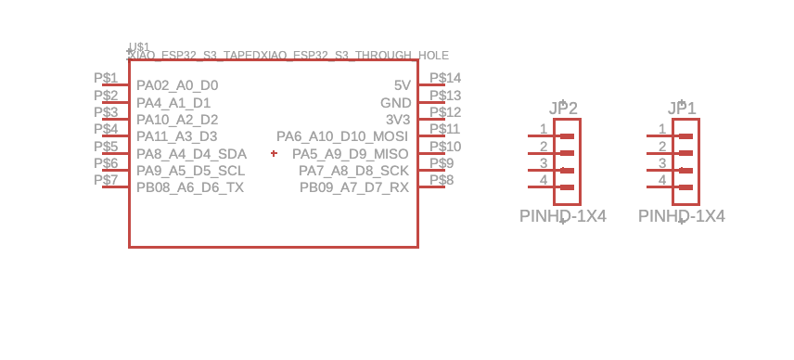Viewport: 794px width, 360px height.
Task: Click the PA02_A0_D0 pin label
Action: (177, 85)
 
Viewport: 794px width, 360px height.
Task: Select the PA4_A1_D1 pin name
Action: (173, 103)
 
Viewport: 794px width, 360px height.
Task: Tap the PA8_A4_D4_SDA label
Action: (191, 154)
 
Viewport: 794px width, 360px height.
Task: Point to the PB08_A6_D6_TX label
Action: (190, 187)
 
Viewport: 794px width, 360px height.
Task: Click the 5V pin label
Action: (402, 85)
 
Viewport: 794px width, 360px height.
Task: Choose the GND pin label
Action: (395, 103)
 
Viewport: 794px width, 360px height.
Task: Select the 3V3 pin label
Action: (397, 120)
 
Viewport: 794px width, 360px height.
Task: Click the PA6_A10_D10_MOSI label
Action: (342, 137)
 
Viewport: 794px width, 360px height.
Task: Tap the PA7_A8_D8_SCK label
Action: (353, 171)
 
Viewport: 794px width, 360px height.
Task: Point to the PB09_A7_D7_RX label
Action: (353, 187)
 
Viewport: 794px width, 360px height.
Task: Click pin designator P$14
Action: (446, 78)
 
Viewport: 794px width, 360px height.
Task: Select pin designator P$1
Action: (106, 78)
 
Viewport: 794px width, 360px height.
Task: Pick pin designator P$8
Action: (442, 179)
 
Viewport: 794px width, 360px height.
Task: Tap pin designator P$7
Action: (106, 179)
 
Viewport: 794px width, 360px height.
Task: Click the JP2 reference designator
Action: (563, 109)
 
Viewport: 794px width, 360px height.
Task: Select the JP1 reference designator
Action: (682, 109)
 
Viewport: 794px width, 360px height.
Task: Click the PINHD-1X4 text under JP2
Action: (563, 216)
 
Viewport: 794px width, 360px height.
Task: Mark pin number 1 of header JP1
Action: (662, 129)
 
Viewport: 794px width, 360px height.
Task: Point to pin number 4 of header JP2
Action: (544, 180)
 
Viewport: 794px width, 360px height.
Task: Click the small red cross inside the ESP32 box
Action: (274, 153)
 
